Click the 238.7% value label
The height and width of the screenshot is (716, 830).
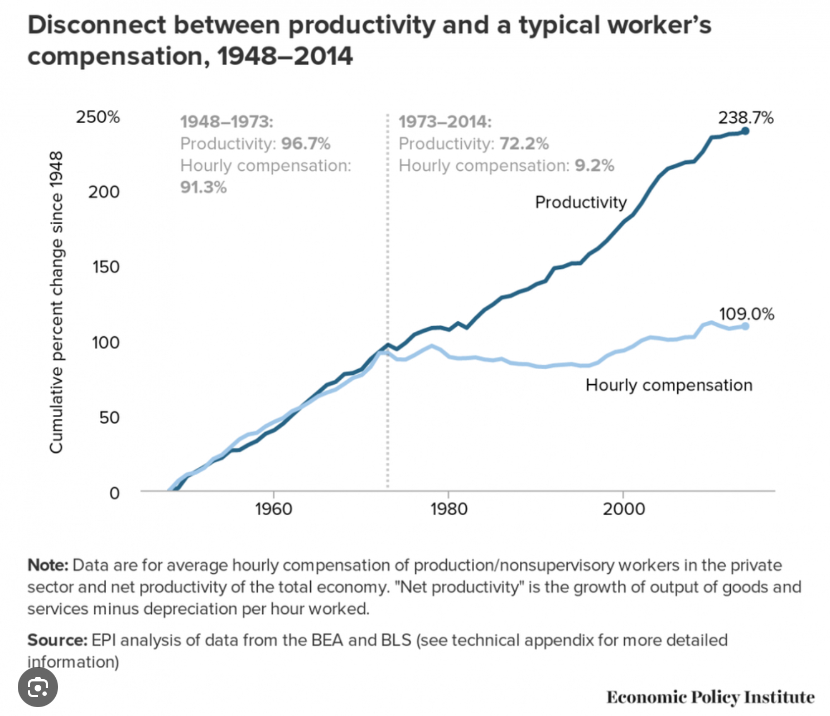(x=746, y=118)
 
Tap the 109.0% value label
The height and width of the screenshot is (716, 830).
(x=746, y=315)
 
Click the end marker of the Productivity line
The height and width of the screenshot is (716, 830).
(x=745, y=131)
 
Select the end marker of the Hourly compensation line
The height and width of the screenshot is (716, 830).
(x=745, y=326)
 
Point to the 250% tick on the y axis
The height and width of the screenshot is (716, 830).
(x=98, y=117)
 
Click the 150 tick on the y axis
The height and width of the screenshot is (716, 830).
(x=106, y=267)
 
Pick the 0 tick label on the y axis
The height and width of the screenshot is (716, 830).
(x=114, y=493)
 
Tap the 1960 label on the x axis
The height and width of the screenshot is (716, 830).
(x=273, y=509)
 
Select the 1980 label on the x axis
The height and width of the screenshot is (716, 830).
(x=448, y=509)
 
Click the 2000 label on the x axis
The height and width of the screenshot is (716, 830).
(x=624, y=509)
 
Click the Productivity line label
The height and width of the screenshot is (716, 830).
(x=581, y=202)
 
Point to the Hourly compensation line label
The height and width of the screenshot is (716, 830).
(x=669, y=385)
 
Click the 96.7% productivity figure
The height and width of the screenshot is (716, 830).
(x=306, y=144)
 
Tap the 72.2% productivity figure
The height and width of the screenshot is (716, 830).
(x=524, y=144)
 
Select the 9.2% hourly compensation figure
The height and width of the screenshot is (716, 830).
(x=595, y=166)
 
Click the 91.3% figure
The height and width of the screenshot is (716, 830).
(x=204, y=187)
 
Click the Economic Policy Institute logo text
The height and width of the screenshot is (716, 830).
(x=710, y=697)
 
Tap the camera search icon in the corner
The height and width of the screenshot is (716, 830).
(x=38, y=688)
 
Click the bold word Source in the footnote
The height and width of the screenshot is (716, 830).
(x=57, y=640)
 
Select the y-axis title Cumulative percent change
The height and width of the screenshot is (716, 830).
(x=56, y=302)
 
